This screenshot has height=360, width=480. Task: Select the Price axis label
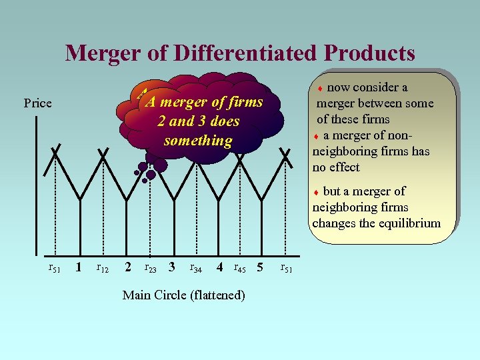pyautogui.click(x=37, y=103)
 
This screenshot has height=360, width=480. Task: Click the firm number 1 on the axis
pyautogui.click(x=79, y=268)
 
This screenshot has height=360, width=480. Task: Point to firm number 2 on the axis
pyautogui.click(x=127, y=268)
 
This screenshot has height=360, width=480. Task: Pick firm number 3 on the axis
pyautogui.click(x=172, y=268)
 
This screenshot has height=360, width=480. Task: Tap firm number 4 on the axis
pyautogui.click(x=219, y=268)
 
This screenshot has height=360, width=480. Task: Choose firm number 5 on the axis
pyautogui.click(x=260, y=268)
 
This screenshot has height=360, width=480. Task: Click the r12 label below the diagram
pyautogui.click(x=103, y=269)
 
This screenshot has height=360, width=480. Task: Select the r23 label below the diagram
pyautogui.click(x=151, y=269)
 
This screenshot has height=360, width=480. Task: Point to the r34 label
pyautogui.click(x=196, y=269)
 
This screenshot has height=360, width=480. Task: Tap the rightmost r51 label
pyautogui.click(x=287, y=269)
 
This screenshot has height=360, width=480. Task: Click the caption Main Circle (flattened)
pyautogui.click(x=183, y=295)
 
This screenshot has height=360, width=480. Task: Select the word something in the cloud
pyautogui.click(x=198, y=141)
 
